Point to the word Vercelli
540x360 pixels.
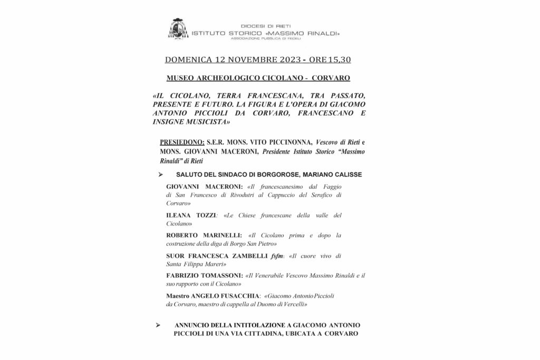(293, 305)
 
